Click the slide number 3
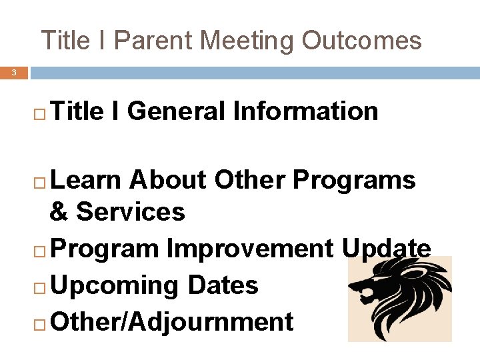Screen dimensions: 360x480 click(x=13, y=72)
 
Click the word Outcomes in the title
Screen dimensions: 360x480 click(x=361, y=41)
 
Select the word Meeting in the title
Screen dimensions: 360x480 click(x=247, y=41)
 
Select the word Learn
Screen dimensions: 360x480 click(x=86, y=180)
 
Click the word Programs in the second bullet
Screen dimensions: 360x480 click(x=354, y=180)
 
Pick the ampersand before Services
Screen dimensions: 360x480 click(x=59, y=213)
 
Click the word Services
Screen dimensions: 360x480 click(x=131, y=213)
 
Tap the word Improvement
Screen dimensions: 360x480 click(x=250, y=249)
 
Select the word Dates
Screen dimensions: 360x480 click(x=223, y=285)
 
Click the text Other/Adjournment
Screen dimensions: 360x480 click(x=171, y=322)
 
